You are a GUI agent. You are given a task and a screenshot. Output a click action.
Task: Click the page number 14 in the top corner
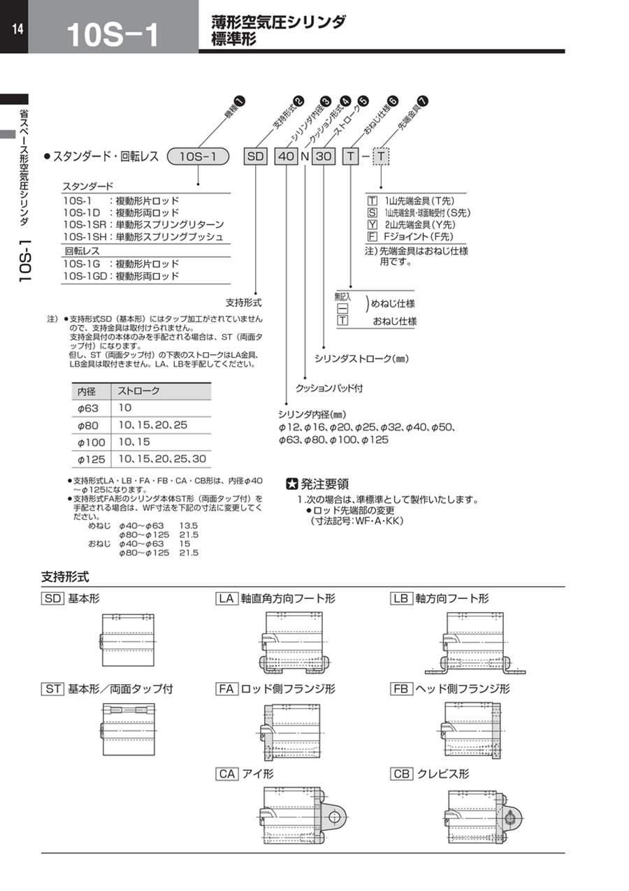(x=17, y=29)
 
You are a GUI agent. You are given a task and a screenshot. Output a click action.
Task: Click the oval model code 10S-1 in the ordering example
(x=198, y=157)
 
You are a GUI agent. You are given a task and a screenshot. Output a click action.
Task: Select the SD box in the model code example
(x=255, y=157)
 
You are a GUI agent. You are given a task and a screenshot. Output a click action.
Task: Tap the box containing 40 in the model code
(x=287, y=157)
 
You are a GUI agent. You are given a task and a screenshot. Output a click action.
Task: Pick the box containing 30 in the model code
(x=324, y=157)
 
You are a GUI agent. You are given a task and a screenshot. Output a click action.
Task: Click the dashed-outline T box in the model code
(x=381, y=157)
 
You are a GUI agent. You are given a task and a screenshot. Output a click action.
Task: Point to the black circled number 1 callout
(x=240, y=101)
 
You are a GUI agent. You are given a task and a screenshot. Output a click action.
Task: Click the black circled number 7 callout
(x=423, y=101)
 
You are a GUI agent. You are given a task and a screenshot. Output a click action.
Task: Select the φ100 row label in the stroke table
(x=91, y=442)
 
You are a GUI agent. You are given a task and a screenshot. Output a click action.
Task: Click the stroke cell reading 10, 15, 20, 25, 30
(x=162, y=459)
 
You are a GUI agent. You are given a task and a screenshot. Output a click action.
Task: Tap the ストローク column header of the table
(x=138, y=391)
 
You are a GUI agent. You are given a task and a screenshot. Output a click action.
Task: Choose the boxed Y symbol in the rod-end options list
(x=372, y=225)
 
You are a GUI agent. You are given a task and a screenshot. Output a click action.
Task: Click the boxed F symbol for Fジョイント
(x=372, y=237)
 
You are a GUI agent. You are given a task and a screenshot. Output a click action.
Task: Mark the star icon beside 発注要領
(x=292, y=484)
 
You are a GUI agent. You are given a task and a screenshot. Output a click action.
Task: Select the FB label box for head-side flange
(x=401, y=689)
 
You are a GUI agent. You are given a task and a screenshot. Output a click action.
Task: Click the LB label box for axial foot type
(x=401, y=599)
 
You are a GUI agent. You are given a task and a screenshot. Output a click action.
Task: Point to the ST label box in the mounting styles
(x=52, y=689)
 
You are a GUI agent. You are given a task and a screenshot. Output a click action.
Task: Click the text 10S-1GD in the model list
(x=85, y=276)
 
